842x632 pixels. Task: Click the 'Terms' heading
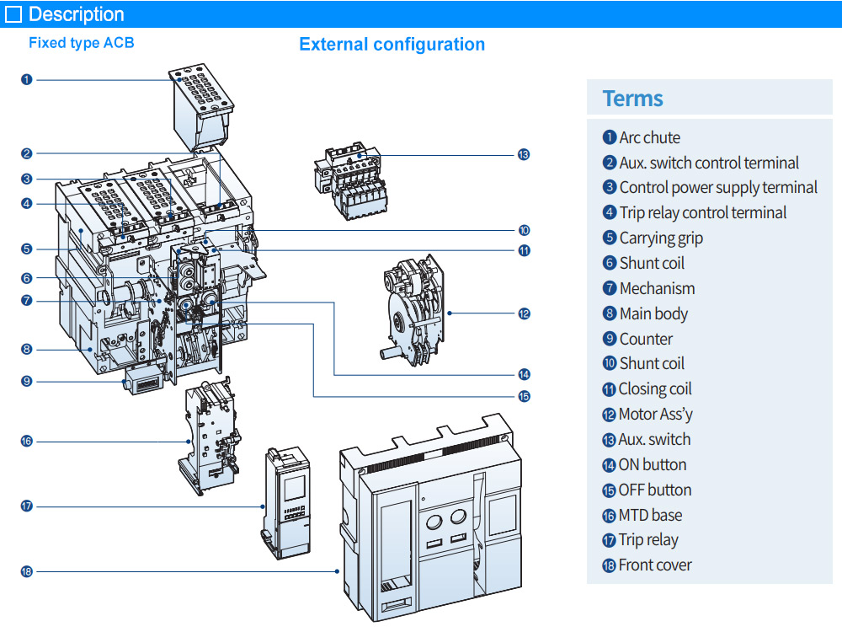pyautogui.click(x=633, y=99)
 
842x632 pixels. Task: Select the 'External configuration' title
pyautogui.click(x=392, y=45)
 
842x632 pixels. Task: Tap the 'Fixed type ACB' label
pyautogui.click(x=81, y=43)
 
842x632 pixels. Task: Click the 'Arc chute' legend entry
pyautogui.click(x=649, y=137)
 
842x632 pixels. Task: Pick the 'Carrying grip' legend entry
pyautogui.click(x=660, y=238)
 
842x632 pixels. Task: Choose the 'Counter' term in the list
pyautogui.click(x=646, y=339)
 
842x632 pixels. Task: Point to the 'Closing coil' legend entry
pyautogui.click(x=654, y=388)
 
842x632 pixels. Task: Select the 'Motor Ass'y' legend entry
pyautogui.click(x=655, y=414)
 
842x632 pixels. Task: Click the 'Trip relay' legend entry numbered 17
pyautogui.click(x=647, y=540)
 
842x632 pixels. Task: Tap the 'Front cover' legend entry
pyautogui.click(x=654, y=565)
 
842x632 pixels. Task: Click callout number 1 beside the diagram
pyautogui.click(x=27, y=80)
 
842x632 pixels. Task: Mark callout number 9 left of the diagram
pyautogui.click(x=27, y=381)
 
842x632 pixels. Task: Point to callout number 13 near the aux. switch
pyautogui.click(x=524, y=155)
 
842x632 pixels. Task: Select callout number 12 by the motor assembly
pyautogui.click(x=524, y=313)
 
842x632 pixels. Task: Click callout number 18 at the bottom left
pyautogui.click(x=27, y=571)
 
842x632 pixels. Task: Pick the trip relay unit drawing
pyautogui.click(x=286, y=501)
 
